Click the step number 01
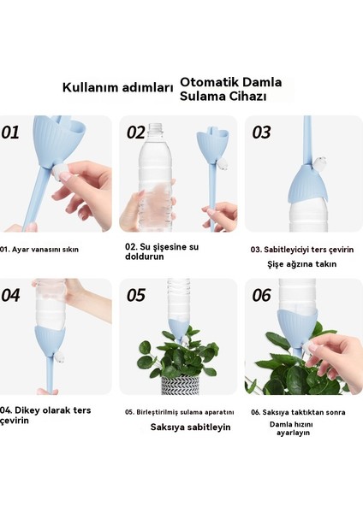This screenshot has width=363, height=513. point(11,133)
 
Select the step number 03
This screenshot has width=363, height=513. point(262,133)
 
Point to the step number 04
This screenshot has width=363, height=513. point(12,295)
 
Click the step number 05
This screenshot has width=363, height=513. point(137,295)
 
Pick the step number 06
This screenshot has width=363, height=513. point(262,295)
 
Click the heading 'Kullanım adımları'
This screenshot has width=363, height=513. point(117,87)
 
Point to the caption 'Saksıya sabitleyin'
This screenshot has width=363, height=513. point(190,427)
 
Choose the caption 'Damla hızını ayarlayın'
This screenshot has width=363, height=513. point(290,427)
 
